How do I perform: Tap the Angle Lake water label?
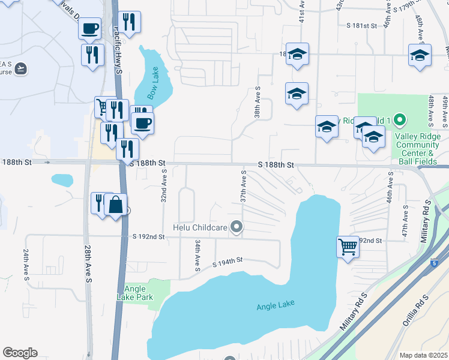click(x=276, y=306)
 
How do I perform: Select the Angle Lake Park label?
click(x=135, y=293)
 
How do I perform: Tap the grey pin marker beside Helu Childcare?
click(x=238, y=227)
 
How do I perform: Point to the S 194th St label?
click(x=228, y=261)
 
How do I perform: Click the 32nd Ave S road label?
click(x=163, y=186)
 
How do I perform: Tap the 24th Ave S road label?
click(x=26, y=263)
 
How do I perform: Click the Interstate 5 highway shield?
click(x=435, y=263)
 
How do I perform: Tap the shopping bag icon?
click(x=115, y=205)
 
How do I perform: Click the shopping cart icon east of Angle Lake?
click(x=348, y=246)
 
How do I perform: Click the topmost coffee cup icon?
click(x=89, y=28)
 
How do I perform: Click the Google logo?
click(x=20, y=353)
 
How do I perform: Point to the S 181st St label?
click(x=361, y=26)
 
